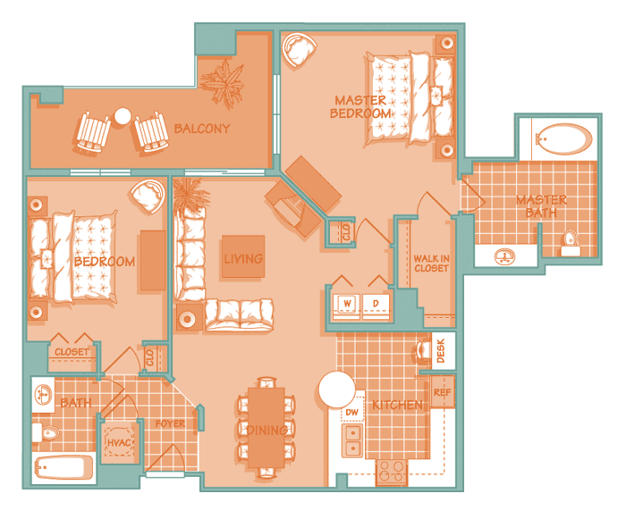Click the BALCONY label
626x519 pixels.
point(202,129)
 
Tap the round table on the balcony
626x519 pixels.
point(123,116)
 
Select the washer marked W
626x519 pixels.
point(347,306)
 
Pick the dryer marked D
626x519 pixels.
point(376,306)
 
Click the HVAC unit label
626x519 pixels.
point(119,442)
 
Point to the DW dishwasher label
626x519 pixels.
point(351,412)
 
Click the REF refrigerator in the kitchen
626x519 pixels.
point(442,392)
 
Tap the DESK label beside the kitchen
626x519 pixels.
point(441,351)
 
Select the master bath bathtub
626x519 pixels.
point(564,138)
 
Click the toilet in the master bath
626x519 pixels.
point(571,243)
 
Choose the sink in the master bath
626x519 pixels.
point(504,256)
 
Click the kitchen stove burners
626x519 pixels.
point(392,471)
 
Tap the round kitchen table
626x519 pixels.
point(336,389)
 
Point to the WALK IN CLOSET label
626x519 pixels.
point(431,264)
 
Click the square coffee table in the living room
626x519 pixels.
point(243,256)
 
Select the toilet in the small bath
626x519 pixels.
point(46,432)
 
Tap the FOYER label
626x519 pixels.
point(170,423)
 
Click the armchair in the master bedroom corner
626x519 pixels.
point(299,49)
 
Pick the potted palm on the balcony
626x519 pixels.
point(223,83)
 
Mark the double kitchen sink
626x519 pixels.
point(353,440)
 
